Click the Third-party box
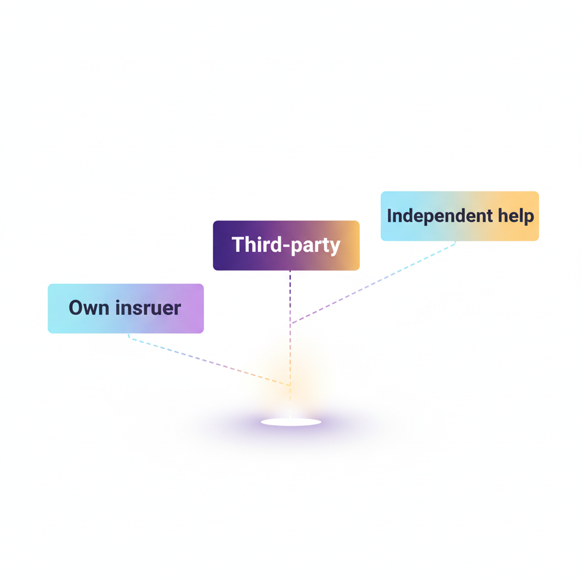286,245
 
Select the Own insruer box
126,308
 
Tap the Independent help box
459,216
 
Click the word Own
89,308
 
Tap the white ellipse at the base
291,422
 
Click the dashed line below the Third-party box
290,296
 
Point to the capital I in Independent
390,216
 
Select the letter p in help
529,217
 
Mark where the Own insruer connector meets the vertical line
290,385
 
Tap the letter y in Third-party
335,247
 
